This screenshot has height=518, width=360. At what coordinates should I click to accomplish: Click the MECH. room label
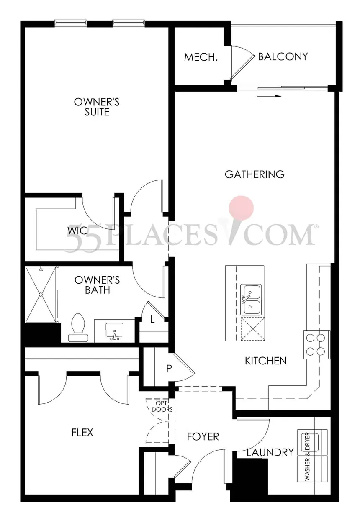pos(201,57)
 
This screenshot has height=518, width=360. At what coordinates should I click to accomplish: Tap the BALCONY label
pos(283,56)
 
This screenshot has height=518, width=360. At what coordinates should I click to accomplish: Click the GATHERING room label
pos(255,174)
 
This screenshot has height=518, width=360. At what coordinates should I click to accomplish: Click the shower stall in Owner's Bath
pos(41,295)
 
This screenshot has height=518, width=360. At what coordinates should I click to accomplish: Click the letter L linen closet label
pos(153,320)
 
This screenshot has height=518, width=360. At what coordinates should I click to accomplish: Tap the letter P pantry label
pos(169,369)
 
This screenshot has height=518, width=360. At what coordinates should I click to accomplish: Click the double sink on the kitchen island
pos(251,299)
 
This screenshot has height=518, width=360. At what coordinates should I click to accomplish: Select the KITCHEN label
pos(266,361)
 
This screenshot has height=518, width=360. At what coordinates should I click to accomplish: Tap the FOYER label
pos(203,437)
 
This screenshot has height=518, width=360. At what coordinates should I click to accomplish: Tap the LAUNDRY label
pos(270,452)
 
